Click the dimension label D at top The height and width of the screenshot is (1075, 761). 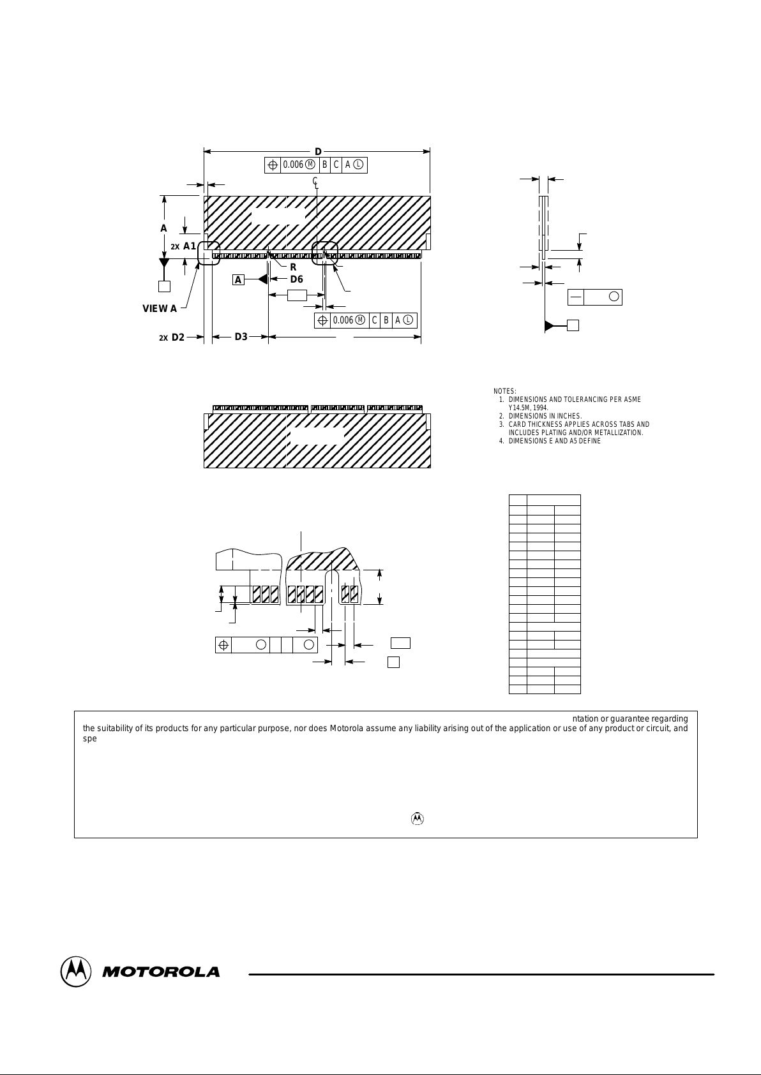coord(317,152)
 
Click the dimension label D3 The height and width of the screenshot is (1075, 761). coord(241,336)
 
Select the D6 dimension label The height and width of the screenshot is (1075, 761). coord(296,279)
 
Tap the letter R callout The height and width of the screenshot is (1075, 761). coord(293,267)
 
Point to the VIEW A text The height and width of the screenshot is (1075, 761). coord(160,309)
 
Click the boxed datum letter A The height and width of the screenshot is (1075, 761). coord(238,279)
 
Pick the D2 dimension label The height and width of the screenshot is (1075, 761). coord(177,337)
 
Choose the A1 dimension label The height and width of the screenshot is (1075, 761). coord(190,246)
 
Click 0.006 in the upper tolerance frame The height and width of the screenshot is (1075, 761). coord(293,165)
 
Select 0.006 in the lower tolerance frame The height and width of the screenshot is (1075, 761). coord(343,320)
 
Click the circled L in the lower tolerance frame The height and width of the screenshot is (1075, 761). coord(408,320)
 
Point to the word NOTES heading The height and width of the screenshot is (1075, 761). coord(505,391)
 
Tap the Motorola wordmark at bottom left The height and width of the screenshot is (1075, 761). coord(161,972)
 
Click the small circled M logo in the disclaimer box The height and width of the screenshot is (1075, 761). coord(417,819)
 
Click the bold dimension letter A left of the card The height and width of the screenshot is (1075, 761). coord(163,228)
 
